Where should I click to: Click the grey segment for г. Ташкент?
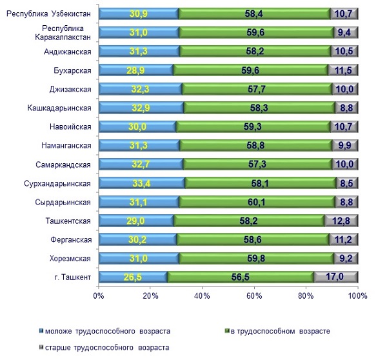[x=335, y=277]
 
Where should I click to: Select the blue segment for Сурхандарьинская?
[x=142, y=183]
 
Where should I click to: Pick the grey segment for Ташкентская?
[x=341, y=221]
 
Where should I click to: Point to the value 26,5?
[x=133, y=277]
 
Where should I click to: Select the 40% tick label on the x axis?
[x=203, y=296]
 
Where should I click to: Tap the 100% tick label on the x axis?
[x=357, y=296]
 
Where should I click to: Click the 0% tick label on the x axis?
[x=99, y=296]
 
